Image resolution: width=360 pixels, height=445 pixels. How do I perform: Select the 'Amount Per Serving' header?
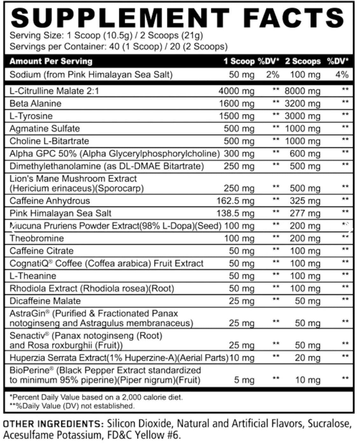pyautogui.click(x=51, y=61)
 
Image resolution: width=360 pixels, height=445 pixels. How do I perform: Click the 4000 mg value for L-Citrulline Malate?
pyautogui.click(x=236, y=91)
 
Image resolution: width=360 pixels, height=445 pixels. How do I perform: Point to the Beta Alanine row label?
pyautogui.click(x=35, y=104)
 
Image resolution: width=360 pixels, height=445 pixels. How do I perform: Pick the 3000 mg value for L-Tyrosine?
pyautogui.click(x=302, y=116)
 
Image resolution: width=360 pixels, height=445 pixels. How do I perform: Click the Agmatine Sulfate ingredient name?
pyautogui.click(x=45, y=129)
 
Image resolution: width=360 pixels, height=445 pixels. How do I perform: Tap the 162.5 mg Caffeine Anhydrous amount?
pyautogui.click(x=235, y=201)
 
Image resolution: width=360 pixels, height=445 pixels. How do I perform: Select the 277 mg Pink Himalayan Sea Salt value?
pyautogui.click(x=305, y=213)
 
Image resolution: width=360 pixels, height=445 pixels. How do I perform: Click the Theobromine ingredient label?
pyautogui.click(x=37, y=239)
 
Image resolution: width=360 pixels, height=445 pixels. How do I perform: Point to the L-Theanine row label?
pyautogui.click(x=32, y=276)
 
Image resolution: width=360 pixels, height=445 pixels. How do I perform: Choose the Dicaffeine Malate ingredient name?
pyautogui.click(x=45, y=301)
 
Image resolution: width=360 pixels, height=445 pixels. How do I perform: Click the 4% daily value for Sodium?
pyautogui.click(x=342, y=75)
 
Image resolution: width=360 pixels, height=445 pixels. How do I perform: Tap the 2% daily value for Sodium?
pyautogui.click(x=273, y=75)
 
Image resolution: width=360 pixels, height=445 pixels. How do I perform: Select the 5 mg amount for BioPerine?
pyautogui.click(x=244, y=380)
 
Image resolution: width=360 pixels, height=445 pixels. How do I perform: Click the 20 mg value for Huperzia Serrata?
pyautogui.click(x=307, y=358)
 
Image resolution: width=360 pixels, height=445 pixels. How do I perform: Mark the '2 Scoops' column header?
pyautogui.click(x=303, y=61)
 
